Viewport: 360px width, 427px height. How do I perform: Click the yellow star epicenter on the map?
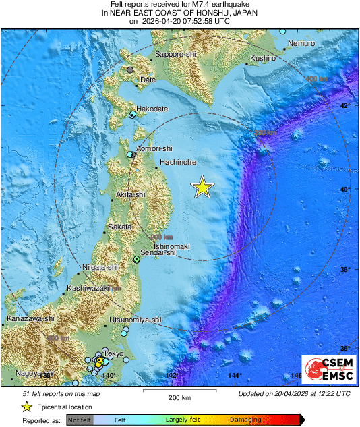pyautogui.click(x=202, y=188)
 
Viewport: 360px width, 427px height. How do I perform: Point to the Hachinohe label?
pyautogui.click(x=178, y=162)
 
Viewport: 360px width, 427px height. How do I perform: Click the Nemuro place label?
pyautogui.click(x=301, y=43)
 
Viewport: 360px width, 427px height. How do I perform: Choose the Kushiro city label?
pyautogui.click(x=263, y=59)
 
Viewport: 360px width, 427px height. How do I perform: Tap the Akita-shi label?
pyautogui.click(x=131, y=194)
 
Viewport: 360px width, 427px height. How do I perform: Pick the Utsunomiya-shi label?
pyautogui.click(x=136, y=320)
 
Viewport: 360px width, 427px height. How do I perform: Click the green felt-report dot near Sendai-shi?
pyautogui.click(x=136, y=259)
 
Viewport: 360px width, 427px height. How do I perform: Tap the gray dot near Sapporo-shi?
pyautogui.click(x=130, y=69)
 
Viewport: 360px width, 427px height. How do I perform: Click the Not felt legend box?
pyautogui.click(x=81, y=420)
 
